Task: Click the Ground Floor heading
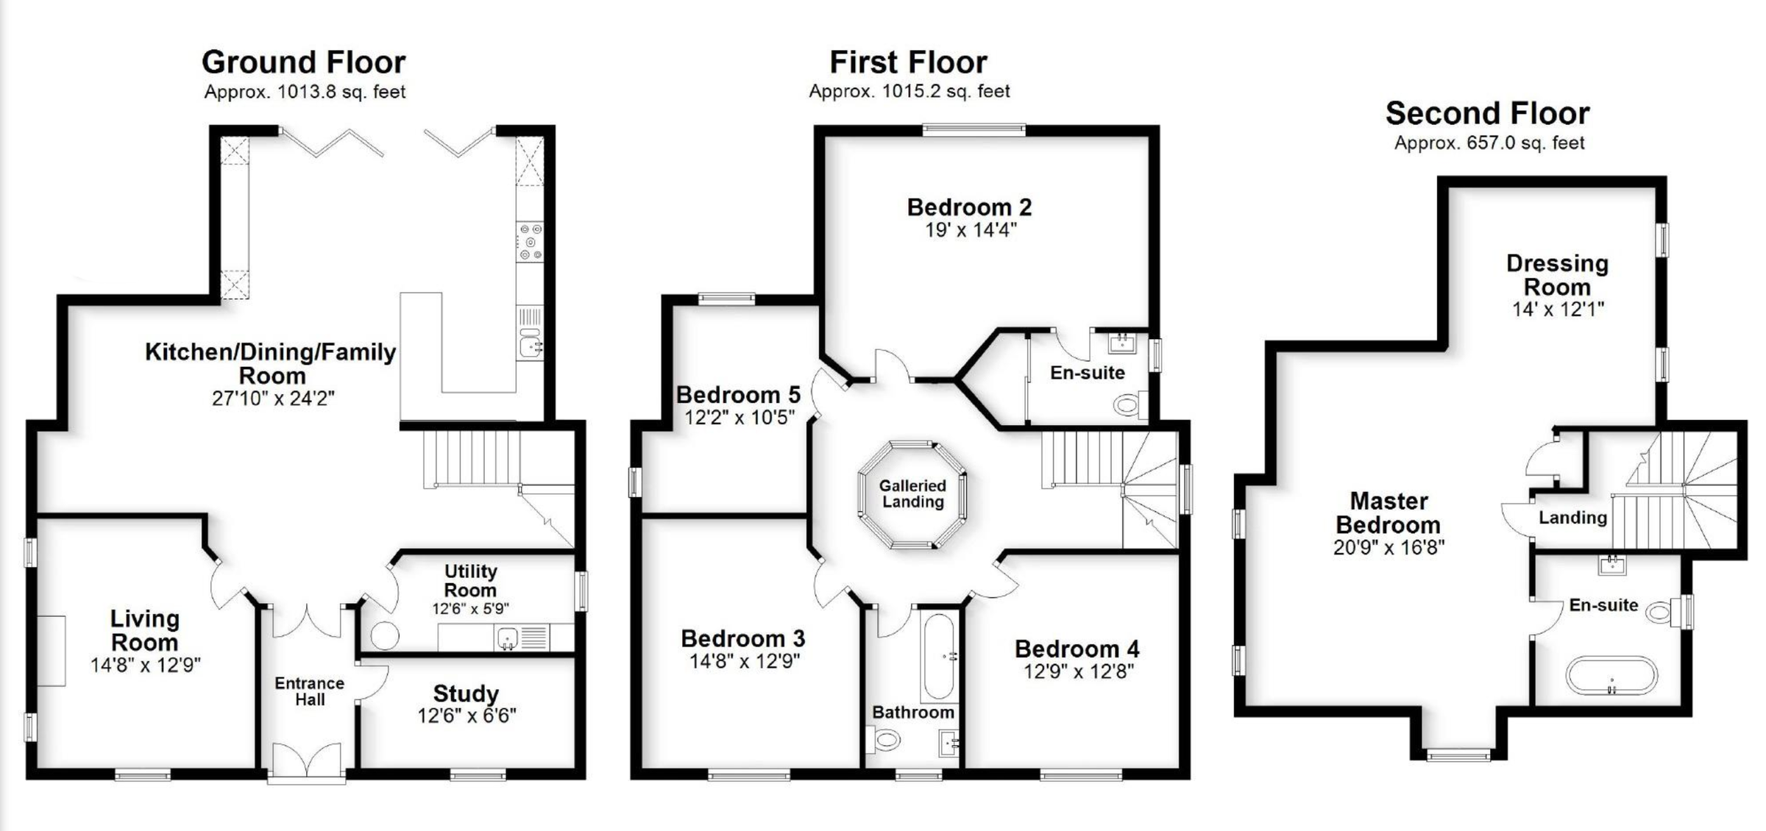[303, 63]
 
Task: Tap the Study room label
[466, 693]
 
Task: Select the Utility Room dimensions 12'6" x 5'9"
[470, 609]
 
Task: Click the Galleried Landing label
[912, 494]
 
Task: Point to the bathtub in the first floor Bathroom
[939, 656]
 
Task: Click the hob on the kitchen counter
[530, 241]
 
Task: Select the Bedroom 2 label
[969, 207]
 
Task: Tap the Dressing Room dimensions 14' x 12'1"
[1558, 310]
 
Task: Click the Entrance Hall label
[310, 691]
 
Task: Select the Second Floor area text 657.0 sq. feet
[1489, 143]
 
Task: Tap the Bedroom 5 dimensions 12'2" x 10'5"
[740, 418]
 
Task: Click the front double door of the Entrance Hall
[306, 761]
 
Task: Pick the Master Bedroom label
[1389, 513]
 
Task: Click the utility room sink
[507, 637]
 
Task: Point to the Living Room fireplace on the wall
[52, 651]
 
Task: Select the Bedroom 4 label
[1077, 649]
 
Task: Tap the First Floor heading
[908, 63]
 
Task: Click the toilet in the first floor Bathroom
[885, 739]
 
